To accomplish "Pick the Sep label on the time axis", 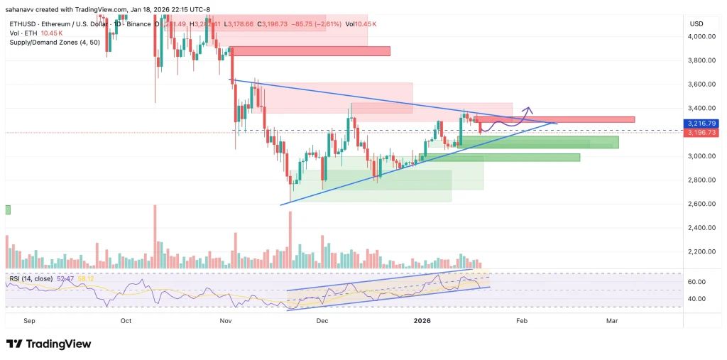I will point(29,321).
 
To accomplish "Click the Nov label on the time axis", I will point(226,321).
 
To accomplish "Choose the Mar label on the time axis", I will point(611,321).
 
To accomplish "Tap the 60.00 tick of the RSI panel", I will point(697,282).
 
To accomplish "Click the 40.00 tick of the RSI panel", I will point(697,299).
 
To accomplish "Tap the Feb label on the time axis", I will point(522,321).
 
